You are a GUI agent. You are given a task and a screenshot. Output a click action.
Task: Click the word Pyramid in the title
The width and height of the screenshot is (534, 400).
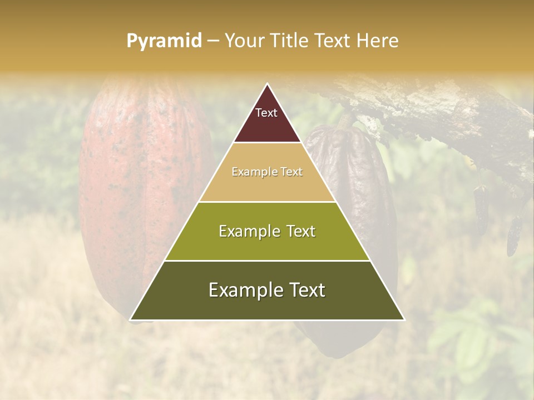coord(164,41)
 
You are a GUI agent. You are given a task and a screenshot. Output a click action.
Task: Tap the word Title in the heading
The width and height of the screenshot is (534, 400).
coord(290,41)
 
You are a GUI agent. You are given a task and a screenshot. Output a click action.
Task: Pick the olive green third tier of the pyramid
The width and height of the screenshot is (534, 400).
coord(267,244)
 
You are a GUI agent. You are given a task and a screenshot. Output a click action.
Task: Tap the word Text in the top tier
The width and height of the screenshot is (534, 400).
coord(266,113)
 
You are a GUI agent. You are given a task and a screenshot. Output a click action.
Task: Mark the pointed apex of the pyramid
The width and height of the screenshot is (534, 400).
coord(268,84)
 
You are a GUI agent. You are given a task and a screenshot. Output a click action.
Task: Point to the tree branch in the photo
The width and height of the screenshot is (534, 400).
coord(445,117)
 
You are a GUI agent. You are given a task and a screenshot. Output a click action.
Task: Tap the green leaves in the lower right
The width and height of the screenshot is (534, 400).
coord(473,339)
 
